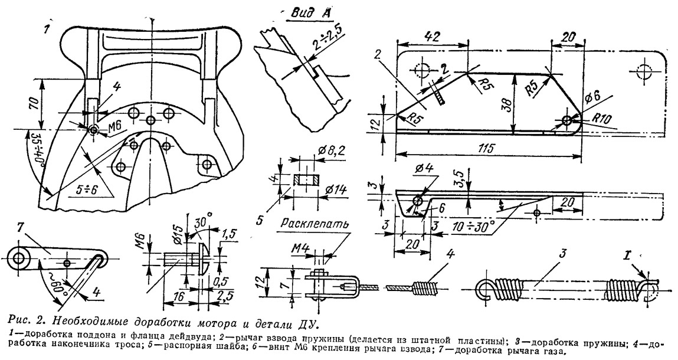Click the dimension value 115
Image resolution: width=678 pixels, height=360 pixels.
(488, 147)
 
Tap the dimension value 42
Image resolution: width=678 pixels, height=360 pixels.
(433, 37)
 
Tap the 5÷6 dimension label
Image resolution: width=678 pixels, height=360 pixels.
(86, 189)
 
